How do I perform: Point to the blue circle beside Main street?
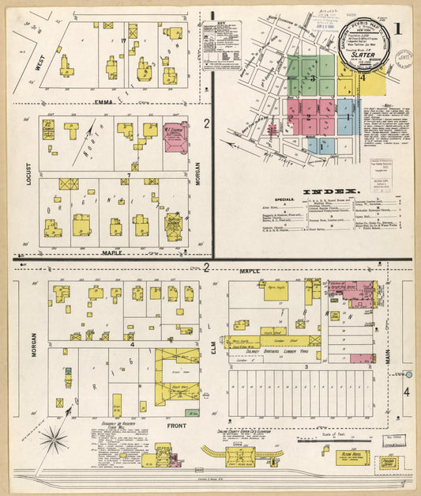408,373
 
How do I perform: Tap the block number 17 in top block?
123,40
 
